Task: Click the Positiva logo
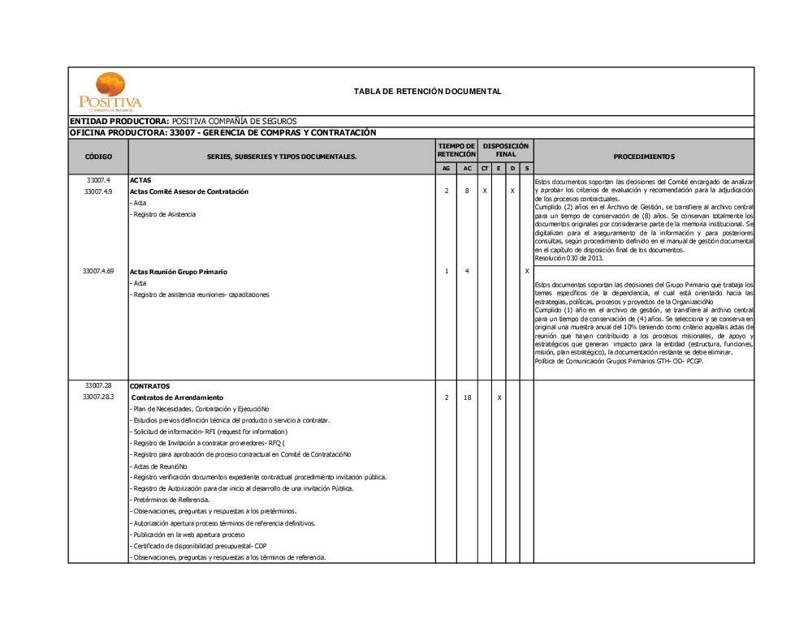point(110,92)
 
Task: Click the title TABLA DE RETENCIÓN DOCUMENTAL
point(427,92)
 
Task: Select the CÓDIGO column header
point(98,157)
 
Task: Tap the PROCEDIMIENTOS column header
point(644,157)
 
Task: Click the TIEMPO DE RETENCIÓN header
point(456,150)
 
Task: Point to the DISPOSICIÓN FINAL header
point(506,150)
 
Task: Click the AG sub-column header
point(447,169)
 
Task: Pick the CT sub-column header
point(485,169)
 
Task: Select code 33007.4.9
point(98,191)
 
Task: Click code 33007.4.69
point(98,271)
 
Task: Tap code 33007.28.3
point(98,397)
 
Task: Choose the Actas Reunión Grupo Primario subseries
point(179,272)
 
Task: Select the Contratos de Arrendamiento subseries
point(177,397)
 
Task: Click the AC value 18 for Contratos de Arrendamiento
point(467,397)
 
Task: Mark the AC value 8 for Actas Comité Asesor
point(467,191)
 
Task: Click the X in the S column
point(527,271)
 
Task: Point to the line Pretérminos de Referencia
point(170,500)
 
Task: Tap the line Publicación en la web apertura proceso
point(188,535)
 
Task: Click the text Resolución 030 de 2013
point(569,258)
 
